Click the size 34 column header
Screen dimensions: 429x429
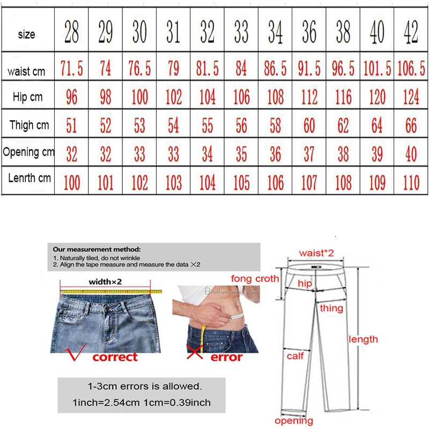[275, 33]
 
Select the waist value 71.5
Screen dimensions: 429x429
[71, 69]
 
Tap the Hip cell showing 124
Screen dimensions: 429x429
[411, 97]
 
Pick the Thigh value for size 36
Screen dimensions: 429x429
[309, 126]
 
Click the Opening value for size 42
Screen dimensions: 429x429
[411, 154]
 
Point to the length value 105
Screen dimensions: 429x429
[241, 183]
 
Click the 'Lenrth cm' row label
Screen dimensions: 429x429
[29, 177]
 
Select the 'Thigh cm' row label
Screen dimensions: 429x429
[29, 125]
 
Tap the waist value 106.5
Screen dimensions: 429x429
[411, 69]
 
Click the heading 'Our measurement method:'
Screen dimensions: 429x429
[97, 249]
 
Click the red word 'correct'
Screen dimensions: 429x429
[115, 357]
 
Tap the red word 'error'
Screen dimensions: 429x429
[226, 357]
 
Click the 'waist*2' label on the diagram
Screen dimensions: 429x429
[316, 253]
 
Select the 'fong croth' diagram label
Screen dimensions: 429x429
[255, 278]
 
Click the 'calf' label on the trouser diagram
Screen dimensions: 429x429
[295, 356]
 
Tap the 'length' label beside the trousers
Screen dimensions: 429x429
[363, 339]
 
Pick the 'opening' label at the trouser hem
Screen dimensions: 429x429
[293, 421]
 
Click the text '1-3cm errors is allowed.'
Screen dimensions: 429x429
[145, 386]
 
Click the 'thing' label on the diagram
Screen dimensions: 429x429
[331, 308]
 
